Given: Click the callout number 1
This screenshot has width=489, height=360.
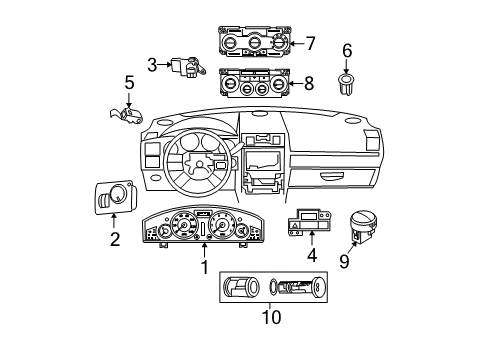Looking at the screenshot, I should [x=204, y=267].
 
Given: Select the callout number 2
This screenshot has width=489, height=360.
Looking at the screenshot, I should [x=115, y=239].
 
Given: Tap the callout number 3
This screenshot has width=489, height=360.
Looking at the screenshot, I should [x=153, y=65].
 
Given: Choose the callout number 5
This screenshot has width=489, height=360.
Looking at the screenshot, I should [x=129, y=81].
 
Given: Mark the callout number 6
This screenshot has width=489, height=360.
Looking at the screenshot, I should [x=347, y=50].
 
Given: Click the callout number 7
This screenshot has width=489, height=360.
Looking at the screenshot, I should [x=311, y=44].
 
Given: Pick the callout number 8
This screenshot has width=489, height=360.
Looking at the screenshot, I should [x=309, y=84].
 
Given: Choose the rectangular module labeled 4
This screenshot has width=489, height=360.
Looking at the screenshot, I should [x=312, y=224].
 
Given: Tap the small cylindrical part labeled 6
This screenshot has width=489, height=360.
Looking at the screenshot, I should [x=347, y=84].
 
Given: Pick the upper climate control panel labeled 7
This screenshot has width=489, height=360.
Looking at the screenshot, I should [x=254, y=44].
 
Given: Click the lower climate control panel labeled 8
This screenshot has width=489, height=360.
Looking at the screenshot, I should [x=255, y=82].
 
